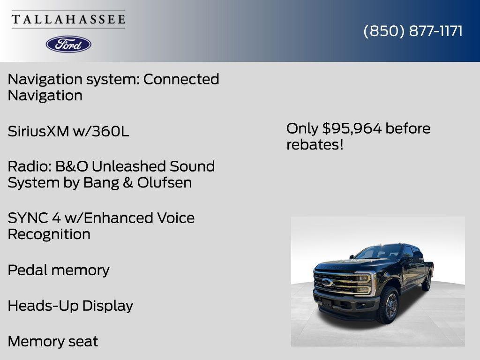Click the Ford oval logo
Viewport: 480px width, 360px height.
tap(68, 44)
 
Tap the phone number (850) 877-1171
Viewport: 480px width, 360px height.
tap(413, 31)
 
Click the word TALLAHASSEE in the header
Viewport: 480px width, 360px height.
tap(68, 20)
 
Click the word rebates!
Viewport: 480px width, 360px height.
tap(315, 145)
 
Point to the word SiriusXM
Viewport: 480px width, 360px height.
tap(38, 131)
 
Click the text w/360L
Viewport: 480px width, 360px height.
tap(101, 131)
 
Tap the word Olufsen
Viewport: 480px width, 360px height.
tap(165, 183)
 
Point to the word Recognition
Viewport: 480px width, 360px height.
tap(49, 234)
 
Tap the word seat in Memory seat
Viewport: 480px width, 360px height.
tap(82, 341)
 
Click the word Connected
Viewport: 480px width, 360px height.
tap(181, 79)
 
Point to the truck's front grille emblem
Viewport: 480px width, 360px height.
tap(327, 282)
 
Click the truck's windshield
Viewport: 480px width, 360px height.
tap(379, 253)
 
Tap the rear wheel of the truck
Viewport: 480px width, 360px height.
tap(427, 282)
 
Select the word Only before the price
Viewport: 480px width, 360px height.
tap(302, 128)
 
